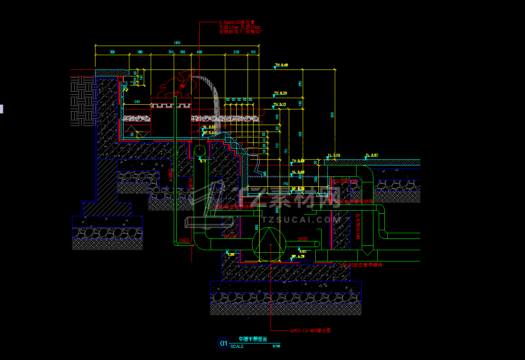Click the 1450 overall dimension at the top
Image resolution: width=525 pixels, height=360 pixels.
177,43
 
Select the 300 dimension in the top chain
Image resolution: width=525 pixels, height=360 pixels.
112,52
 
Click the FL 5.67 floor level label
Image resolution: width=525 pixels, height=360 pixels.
372,155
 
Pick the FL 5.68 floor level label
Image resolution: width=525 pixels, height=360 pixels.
334,155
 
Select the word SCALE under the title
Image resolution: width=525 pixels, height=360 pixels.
237,347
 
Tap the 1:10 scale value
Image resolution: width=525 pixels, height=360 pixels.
276,346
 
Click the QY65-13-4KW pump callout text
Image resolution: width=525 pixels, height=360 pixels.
310,330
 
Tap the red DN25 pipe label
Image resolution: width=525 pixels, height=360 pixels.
184,240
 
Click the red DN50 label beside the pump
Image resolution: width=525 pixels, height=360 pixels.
302,239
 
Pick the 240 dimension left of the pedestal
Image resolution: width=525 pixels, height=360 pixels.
137,102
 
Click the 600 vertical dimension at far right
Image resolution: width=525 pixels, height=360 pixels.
332,115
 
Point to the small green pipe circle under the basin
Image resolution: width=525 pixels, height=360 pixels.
199,151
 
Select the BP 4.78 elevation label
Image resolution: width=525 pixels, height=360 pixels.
298,257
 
